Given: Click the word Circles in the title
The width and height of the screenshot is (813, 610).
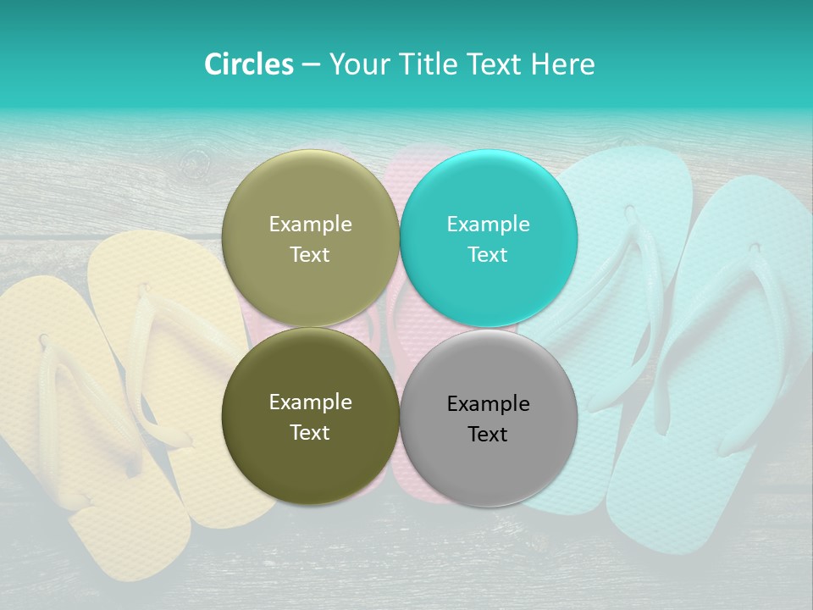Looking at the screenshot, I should (x=248, y=64).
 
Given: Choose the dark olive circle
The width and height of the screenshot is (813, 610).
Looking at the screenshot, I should (x=310, y=449).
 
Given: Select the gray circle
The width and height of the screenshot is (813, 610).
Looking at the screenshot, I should (x=489, y=457).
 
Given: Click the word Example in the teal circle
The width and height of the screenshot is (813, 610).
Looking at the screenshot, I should (x=489, y=225).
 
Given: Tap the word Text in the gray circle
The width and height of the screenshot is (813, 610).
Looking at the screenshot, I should (x=488, y=435).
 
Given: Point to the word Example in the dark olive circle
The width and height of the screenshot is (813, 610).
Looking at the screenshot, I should (x=310, y=402).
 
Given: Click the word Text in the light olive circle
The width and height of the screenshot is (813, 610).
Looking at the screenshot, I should (x=310, y=255).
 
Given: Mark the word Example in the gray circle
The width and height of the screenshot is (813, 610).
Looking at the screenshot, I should (x=489, y=404).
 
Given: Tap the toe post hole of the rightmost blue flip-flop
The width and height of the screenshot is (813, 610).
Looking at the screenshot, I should (x=753, y=248).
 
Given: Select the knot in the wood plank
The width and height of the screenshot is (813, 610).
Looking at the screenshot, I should (x=196, y=160).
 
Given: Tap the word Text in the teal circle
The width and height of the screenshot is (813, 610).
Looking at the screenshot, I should (x=488, y=255).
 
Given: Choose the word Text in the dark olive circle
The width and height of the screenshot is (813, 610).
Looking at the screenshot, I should (x=310, y=433).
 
